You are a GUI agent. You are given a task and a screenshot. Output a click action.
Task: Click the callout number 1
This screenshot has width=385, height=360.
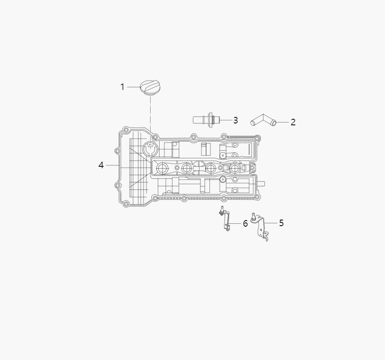click(x=122, y=87)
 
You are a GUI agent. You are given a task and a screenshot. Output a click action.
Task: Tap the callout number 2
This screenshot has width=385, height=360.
click(x=293, y=122)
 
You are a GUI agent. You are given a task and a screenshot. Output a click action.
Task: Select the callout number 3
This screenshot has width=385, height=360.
click(x=235, y=120)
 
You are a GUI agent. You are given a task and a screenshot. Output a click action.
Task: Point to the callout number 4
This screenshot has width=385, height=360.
click(x=101, y=165)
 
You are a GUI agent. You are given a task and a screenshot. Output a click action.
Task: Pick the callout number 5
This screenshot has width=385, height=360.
click(x=281, y=223)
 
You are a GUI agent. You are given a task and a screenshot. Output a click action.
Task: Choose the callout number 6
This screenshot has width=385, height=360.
click(x=245, y=223)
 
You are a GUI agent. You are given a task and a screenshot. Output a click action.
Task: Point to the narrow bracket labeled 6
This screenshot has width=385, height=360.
click(x=226, y=221)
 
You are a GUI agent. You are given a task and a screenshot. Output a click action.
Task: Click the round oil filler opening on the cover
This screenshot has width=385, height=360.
click(x=151, y=149)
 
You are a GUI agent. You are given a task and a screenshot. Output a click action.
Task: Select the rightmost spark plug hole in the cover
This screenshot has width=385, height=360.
click(x=235, y=168)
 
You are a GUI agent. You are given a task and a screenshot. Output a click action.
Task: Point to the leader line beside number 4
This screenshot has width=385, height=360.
click(x=112, y=165)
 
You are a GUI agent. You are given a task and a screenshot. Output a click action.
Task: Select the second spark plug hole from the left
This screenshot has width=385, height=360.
click(x=187, y=168)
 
